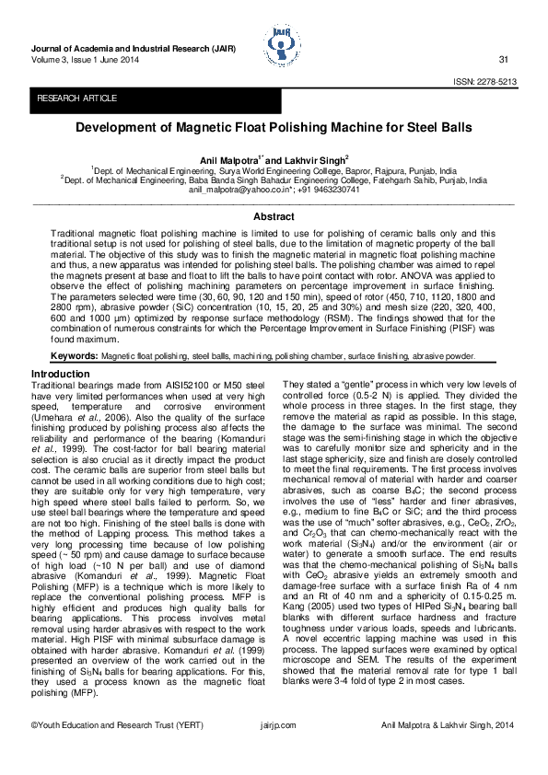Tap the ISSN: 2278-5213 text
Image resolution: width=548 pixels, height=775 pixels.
coord(484,82)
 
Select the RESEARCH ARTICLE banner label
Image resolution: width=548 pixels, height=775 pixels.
coord(76,98)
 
